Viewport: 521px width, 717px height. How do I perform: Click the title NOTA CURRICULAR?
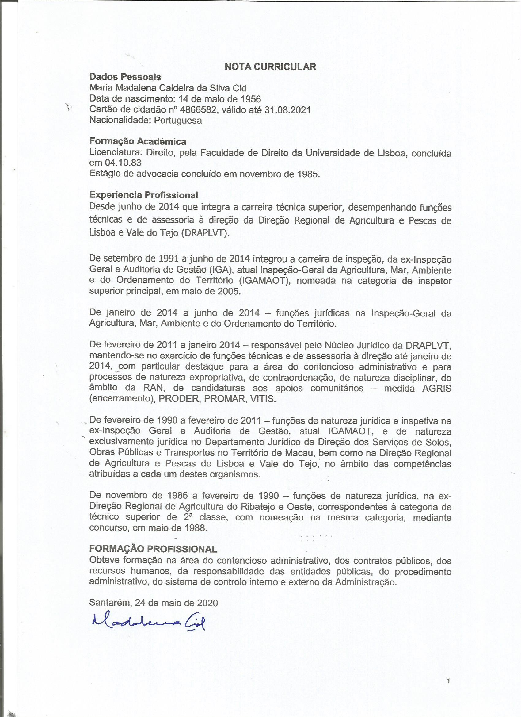coord(270,67)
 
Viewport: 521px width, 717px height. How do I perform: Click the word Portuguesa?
coord(178,121)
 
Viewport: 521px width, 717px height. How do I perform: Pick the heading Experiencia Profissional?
coord(143,195)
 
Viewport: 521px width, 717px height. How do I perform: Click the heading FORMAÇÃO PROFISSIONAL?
coord(153,549)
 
